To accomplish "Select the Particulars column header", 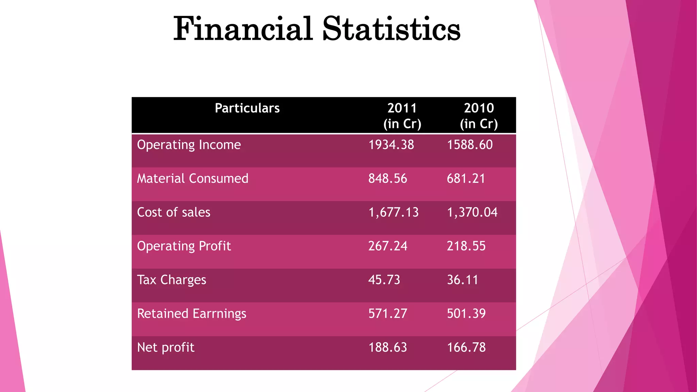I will point(247,108).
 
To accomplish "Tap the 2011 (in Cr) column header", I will point(402,116).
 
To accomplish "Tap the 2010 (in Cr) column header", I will point(479,116).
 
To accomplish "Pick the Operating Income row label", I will point(189,145).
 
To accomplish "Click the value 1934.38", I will point(391,145).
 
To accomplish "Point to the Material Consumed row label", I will point(193,179).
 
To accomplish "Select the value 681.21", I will point(466,179).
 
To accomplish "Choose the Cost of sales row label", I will point(174,212).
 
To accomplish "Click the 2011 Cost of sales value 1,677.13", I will point(393,212).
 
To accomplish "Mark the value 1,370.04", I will point(472,212).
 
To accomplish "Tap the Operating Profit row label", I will point(184,246).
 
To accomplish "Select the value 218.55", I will point(466,246).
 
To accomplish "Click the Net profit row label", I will point(166,347).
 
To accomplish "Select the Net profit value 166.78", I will point(466,347).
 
